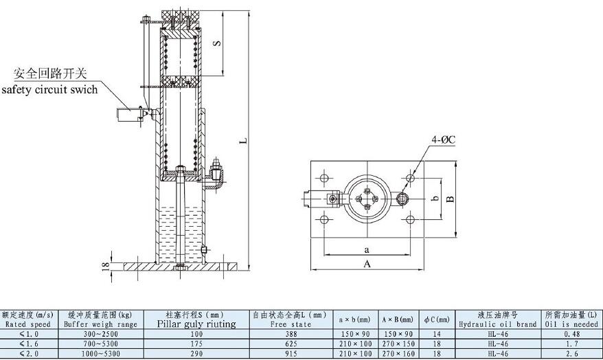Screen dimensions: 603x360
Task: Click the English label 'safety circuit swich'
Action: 49,89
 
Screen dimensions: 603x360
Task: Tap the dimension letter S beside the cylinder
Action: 217,43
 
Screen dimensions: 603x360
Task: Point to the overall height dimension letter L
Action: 243,141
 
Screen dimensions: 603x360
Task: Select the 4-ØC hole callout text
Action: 444,139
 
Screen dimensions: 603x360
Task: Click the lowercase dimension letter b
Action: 435,199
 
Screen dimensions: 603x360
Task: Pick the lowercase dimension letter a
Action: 367,250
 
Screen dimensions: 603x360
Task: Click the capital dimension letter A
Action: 367,264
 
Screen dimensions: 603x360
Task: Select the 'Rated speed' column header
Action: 27,324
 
